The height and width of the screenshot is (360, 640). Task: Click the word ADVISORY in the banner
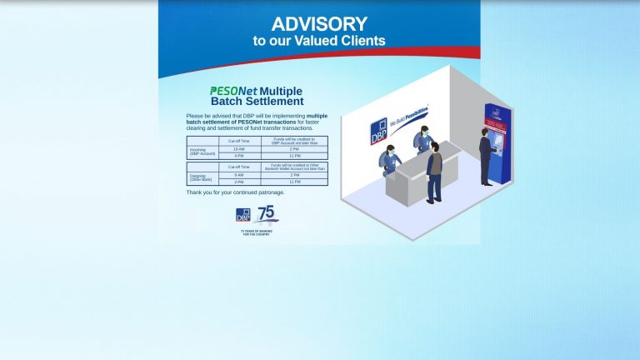coord(319,24)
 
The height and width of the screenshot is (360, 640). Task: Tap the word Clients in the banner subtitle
coord(357,41)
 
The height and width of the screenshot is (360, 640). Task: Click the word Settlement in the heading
coord(275,102)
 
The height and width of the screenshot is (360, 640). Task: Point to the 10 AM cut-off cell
coord(239,148)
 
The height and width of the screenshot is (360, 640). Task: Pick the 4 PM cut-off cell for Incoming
coord(239,156)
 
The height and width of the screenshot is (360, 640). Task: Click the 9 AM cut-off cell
coord(239,175)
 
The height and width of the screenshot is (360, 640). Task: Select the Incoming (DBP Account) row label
coord(202,152)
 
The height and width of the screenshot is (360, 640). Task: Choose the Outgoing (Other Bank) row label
coord(202,178)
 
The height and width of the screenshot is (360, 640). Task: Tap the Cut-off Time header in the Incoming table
coord(239,141)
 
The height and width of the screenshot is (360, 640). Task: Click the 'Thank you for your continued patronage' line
coord(235,192)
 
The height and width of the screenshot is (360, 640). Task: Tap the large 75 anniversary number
coord(267,213)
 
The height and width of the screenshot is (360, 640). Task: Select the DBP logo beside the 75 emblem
coord(243,215)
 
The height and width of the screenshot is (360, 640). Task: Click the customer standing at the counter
coord(433,171)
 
